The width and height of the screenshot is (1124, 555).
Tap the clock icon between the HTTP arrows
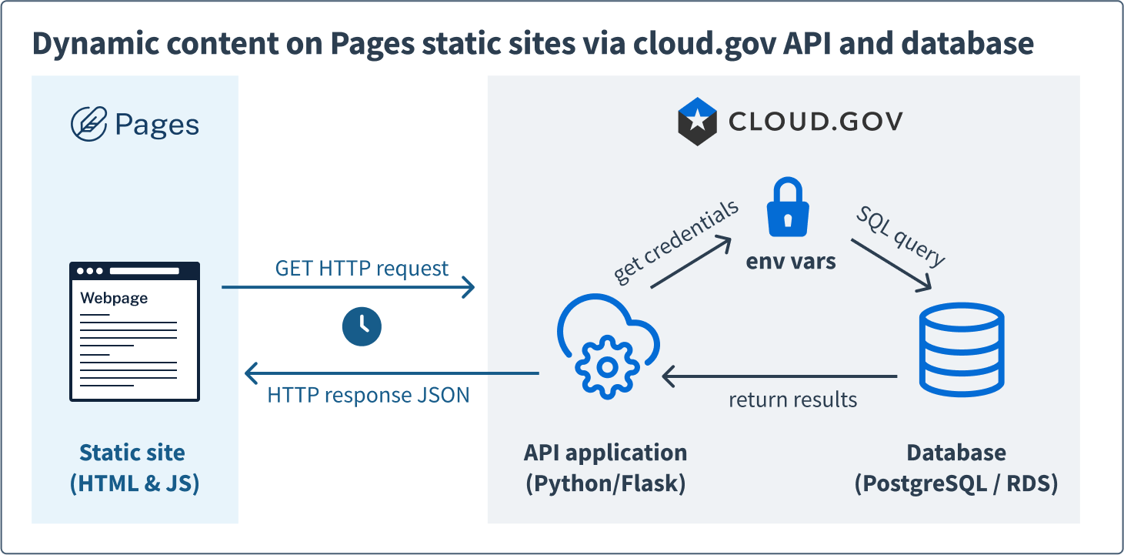362,326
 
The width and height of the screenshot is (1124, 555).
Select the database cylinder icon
962,348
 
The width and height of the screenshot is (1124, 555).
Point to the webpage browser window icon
135,332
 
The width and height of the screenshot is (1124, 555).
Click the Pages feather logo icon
88,125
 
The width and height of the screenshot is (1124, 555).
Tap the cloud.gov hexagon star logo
697,122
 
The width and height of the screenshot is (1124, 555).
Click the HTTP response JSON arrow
392,374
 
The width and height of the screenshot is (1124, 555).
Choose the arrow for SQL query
891,266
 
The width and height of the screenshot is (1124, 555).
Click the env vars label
791,261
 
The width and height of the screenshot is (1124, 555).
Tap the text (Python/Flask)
605,483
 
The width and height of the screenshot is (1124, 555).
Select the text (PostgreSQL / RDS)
956,483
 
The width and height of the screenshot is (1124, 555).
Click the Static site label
132,452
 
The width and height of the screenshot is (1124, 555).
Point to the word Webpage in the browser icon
114,298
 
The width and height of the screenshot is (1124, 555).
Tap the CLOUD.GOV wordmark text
815,122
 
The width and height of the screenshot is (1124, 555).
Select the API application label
605,452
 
